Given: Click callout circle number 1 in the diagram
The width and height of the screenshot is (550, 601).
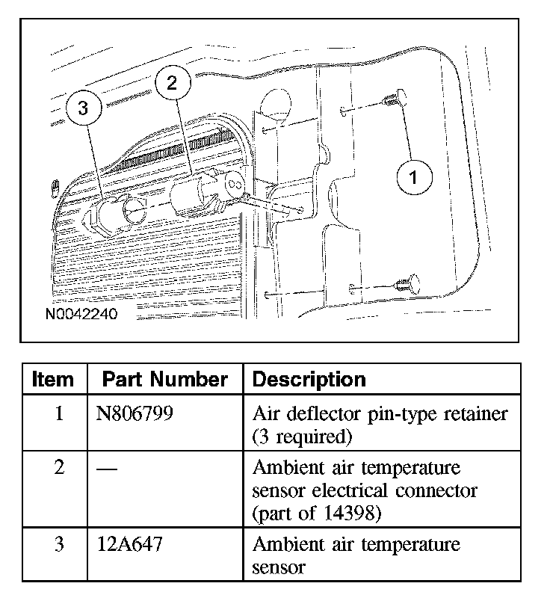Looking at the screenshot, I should pyautogui.click(x=412, y=179).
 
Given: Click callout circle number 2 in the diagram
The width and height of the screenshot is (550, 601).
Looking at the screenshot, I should pyautogui.click(x=173, y=83).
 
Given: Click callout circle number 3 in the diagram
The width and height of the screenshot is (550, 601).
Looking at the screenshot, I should pyautogui.click(x=83, y=108).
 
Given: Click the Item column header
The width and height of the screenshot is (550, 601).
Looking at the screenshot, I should pyautogui.click(x=54, y=380).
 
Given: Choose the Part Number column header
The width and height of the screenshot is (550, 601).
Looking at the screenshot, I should pyautogui.click(x=164, y=380).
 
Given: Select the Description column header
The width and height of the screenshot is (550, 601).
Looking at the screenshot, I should pyautogui.click(x=309, y=380).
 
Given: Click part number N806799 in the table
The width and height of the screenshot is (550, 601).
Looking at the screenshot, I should pyautogui.click(x=135, y=413).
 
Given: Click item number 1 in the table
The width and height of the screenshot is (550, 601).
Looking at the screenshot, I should pyautogui.click(x=59, y=413).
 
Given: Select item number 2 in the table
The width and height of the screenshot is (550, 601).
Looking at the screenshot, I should pyautogui.click(x=59, y=469).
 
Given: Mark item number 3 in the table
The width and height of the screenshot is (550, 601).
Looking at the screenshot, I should pyautogui.click(x=59, y=544).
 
